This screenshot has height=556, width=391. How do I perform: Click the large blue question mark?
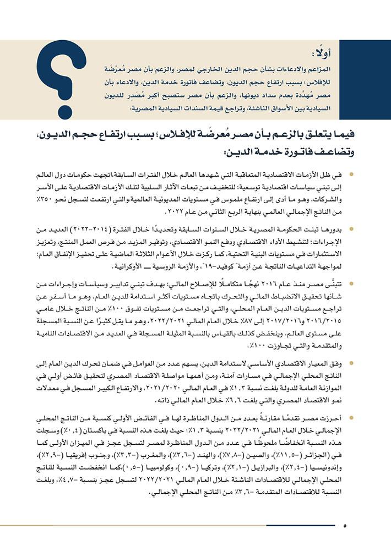pos(60,69)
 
